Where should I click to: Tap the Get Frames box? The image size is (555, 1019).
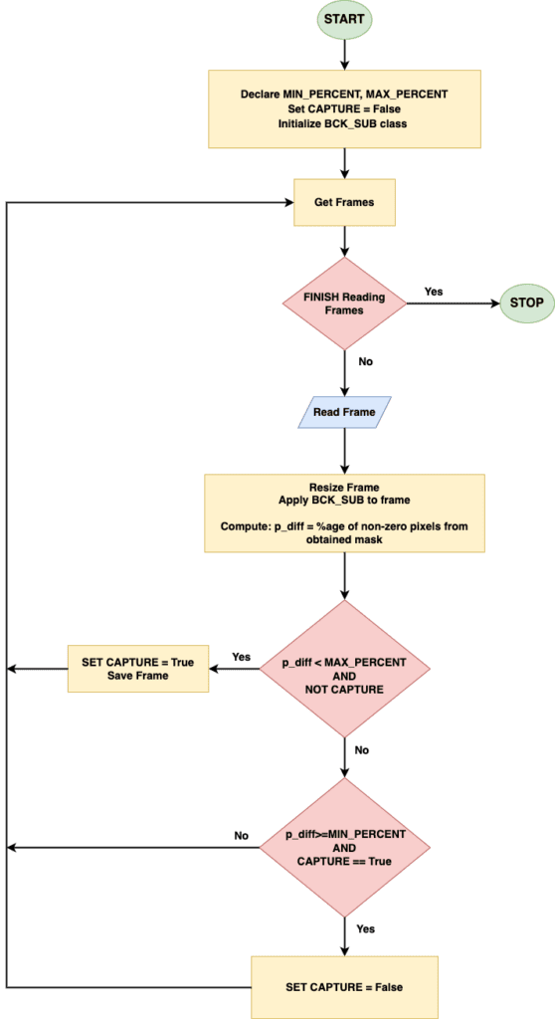(x=343, y=202)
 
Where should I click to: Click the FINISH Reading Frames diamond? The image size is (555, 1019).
(x=343, y=303)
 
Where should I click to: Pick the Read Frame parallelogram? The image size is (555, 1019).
(x=343, y=412)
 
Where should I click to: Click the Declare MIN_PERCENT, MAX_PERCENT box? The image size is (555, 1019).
(x=343, y=108)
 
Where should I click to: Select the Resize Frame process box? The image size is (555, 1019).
(x=343, y=513)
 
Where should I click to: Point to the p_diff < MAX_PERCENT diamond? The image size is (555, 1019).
(x=343, y=669)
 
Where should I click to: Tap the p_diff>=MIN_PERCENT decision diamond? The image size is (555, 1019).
(x=343, y=847)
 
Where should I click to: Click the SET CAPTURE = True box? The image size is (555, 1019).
(x=137, y=669)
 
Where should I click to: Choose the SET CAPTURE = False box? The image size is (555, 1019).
(x=343, y=986)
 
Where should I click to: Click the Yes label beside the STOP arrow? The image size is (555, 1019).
(x=433, y=292)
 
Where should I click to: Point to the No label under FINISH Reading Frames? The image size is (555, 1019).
(x=366, y=361)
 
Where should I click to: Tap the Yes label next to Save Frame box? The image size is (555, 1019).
(x=241, y=657)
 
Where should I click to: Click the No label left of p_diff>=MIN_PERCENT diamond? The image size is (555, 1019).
(x=241, y=835)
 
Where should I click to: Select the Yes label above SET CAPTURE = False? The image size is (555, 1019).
(x=366, y=928)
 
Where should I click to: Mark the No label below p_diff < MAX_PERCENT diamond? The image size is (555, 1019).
(x=362, y=749)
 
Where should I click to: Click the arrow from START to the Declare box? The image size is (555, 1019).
(x=343, y=55)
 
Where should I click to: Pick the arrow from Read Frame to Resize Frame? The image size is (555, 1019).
(x=343, y=451)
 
